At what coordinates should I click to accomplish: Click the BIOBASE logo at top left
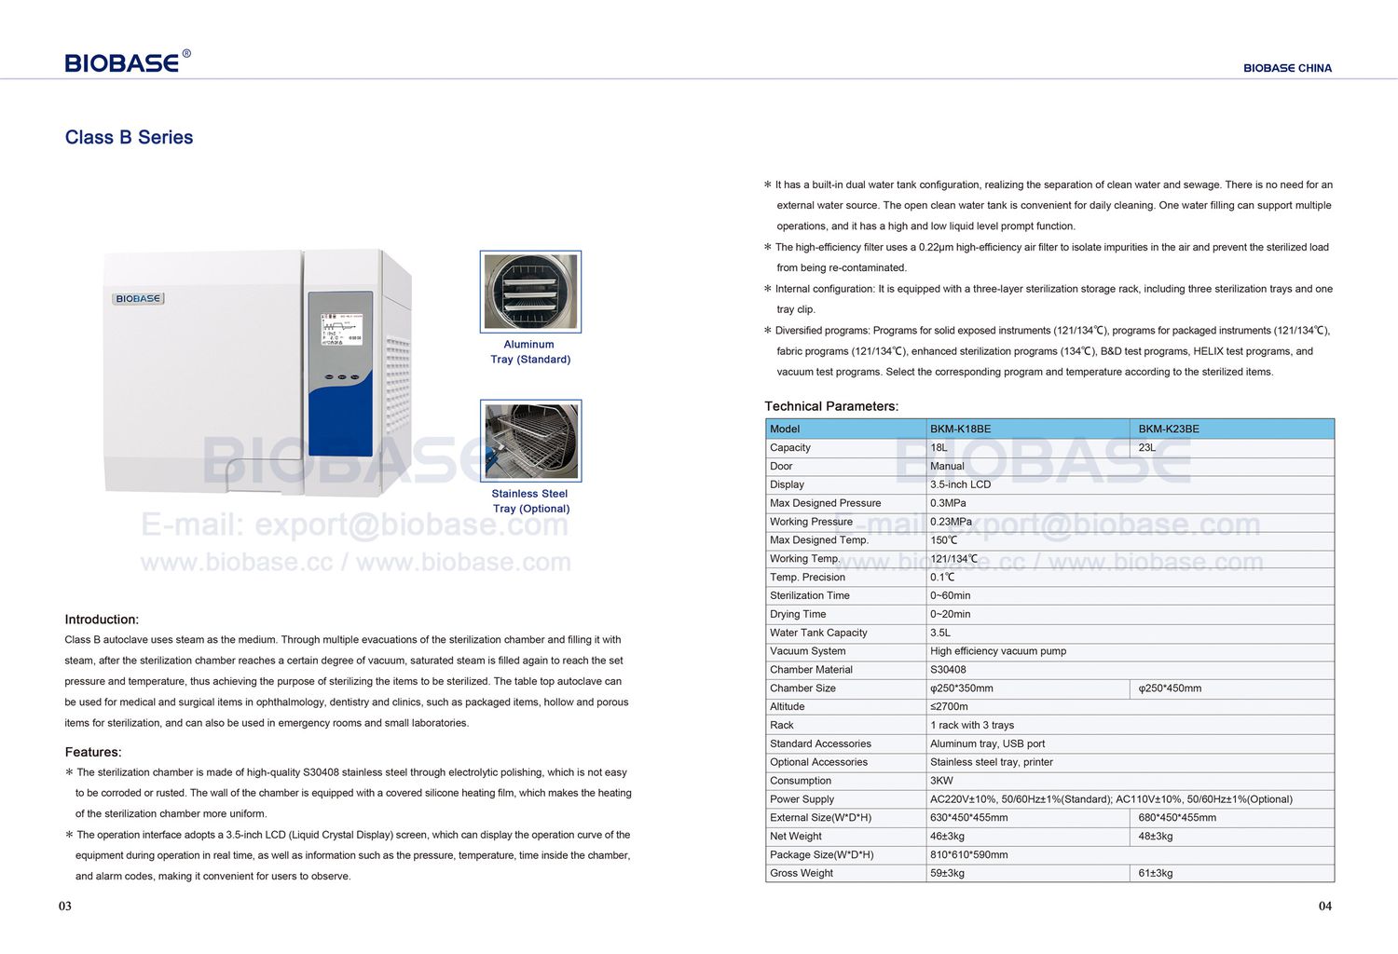122,62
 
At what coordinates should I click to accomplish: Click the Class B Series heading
129,137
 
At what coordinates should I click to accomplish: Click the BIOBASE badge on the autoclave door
138,299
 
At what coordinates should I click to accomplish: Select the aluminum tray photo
530,292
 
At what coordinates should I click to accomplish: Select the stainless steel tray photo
530,441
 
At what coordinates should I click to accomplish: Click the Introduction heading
102,620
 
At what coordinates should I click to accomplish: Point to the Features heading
93,752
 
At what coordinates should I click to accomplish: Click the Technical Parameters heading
831,406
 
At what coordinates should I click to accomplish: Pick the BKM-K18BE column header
960,429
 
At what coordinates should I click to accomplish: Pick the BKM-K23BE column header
1169,429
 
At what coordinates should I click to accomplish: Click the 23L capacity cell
1147,448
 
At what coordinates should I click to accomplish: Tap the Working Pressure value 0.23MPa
951,522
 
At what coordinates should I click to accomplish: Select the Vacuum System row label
808,651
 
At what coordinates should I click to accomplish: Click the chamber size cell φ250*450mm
1170,688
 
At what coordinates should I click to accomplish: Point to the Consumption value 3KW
941,781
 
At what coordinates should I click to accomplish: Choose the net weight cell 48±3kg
1156,837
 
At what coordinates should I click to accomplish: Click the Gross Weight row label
802,873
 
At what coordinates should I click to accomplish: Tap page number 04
1324,906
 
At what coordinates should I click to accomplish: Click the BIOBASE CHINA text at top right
1287,68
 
